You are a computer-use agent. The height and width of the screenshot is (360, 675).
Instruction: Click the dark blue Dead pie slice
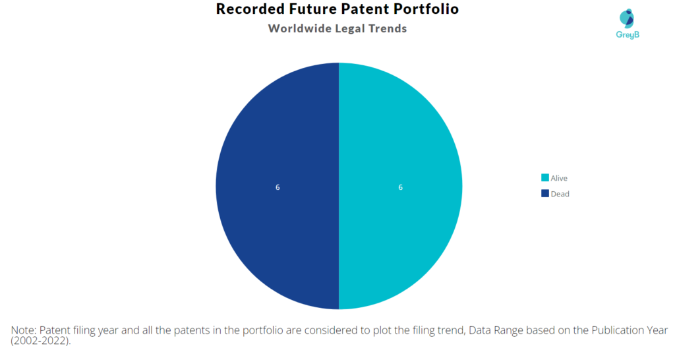coord(278,186)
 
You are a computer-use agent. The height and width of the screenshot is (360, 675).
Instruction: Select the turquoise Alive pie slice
coord(400,186)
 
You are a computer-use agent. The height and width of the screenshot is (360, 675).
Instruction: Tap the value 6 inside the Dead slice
coord(278,187)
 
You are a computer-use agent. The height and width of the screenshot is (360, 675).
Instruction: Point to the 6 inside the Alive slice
coord(400,187)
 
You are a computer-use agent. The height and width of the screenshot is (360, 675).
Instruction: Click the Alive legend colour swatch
coord(545,177)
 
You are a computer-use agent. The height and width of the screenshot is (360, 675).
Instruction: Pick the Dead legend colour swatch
coord(545,193)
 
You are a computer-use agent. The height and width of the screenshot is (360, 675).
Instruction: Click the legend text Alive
coord(559,178)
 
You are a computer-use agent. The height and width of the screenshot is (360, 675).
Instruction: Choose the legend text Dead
coord(560,194)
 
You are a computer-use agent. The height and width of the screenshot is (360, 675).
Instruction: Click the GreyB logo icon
coord(627,18)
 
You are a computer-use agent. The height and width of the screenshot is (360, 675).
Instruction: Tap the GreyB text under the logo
coord(628,35)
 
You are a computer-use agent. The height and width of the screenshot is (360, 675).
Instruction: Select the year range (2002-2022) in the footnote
coord(40,341)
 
